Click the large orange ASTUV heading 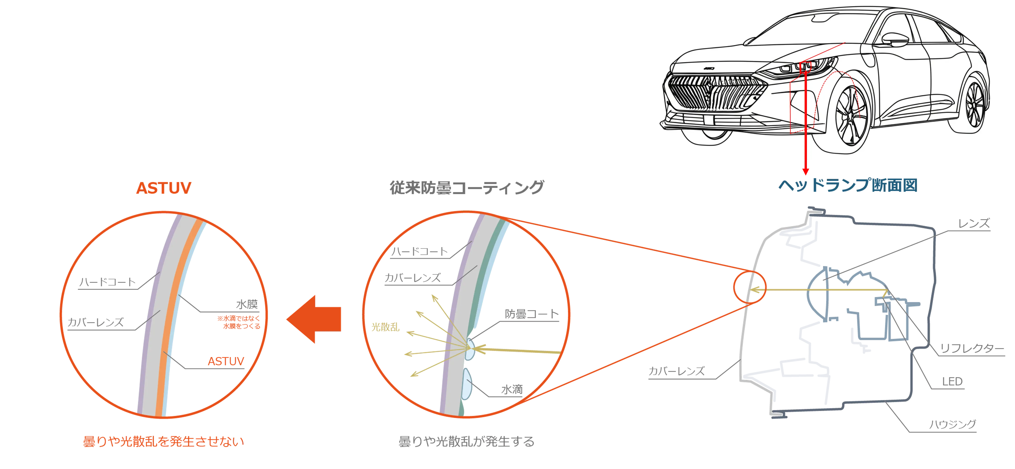[x=163, y=188]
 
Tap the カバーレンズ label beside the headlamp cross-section [x=676, y=371]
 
